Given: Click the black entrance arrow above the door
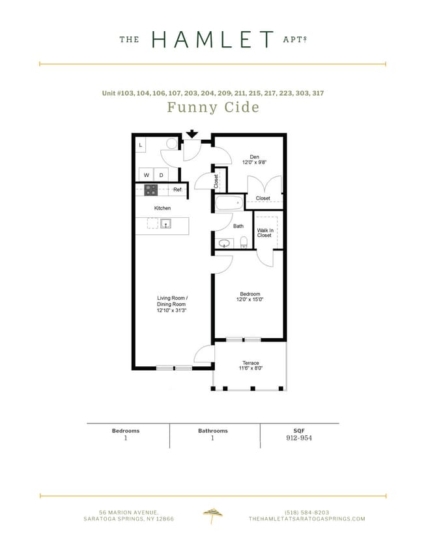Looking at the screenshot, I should (x=192, y=134).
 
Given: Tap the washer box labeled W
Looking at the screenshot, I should (x=146, y=175).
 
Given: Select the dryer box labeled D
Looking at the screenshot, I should (x=161, y=175).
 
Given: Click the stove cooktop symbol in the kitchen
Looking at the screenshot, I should (x=150, y=190).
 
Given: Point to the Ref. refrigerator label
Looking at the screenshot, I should (x=177, y=190).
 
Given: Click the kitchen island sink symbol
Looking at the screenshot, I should (x=165, y=224).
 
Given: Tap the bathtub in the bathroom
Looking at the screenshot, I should (x=228, y=203).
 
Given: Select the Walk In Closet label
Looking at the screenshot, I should (x=264, y=233).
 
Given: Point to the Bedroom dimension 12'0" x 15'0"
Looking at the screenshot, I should (x=250, y=300).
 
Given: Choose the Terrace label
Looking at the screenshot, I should (x=251, y=363).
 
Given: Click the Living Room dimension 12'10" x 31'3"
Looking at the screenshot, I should (x=171, y=310).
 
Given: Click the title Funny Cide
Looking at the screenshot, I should (x=213, y=107).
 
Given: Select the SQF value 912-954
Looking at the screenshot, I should (x=300, y=438).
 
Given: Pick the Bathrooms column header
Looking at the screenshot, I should (x=213, y=431).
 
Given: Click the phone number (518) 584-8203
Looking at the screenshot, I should (x=307, y=511).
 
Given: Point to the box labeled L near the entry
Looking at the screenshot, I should (x=141, y=144).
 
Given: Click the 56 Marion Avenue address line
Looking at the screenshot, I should (x=128, y=511).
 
